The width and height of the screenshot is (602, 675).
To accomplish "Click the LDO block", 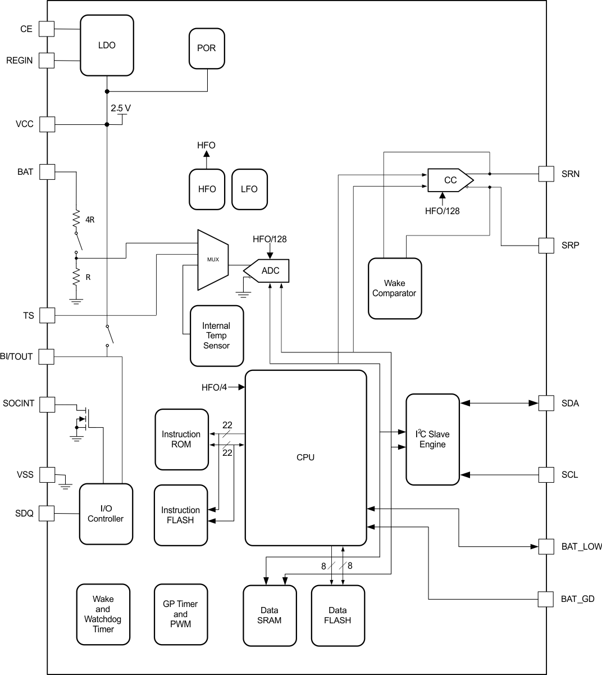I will (107, 45).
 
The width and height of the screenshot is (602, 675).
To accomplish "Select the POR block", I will (206, 48).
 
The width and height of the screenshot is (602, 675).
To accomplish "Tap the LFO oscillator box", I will (249, 189).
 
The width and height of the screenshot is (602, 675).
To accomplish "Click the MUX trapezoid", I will (213, 260).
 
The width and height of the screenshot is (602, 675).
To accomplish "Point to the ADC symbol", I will (268, 271).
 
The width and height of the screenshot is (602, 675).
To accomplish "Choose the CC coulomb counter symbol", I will (450, 180).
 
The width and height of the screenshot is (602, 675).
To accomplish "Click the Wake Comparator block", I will (394, 288).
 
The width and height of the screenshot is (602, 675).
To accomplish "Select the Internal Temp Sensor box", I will (216, 336).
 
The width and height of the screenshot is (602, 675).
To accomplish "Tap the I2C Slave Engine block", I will (432, 440).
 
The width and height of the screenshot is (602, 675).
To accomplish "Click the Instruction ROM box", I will (180, 440).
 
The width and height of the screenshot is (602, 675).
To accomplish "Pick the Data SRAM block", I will (269, 615).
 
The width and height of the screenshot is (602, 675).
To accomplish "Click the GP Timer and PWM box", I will (180, 614).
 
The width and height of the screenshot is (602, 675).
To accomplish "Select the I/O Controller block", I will (106, 514).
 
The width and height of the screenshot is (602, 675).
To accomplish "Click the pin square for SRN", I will (546, 174).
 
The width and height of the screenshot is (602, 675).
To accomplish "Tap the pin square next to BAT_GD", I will (546, 599).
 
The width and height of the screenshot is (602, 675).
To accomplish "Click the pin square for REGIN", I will (47, 60).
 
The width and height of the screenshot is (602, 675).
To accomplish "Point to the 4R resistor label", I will (90, 220).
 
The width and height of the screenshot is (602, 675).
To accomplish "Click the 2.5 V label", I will (121, 108).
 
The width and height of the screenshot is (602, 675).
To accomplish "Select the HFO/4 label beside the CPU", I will (214, 387).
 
